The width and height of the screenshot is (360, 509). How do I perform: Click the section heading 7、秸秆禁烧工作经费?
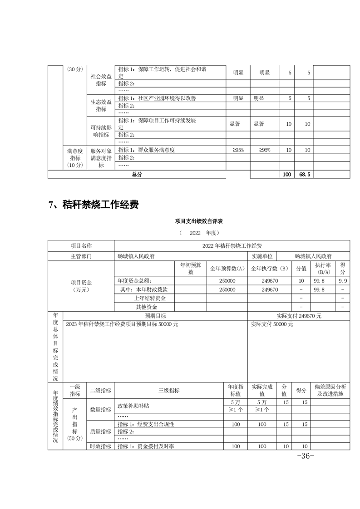coord(93,205)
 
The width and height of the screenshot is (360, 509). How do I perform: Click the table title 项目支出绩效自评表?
coord(198,221)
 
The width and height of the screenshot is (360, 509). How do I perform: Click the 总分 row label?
coord(137,174)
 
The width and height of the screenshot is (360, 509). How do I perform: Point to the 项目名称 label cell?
coord(81,245)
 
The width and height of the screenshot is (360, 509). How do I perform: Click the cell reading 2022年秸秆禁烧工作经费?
coord(232,245)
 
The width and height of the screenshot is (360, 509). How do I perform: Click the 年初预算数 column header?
coord(191,268)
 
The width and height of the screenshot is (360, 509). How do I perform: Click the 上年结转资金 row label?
coord(150,298)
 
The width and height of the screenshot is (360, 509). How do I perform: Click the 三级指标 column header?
coord(169,391)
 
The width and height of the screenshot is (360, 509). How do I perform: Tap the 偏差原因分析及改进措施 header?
coord(330,391)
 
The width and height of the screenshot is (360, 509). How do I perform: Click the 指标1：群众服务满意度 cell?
coord(146,150)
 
